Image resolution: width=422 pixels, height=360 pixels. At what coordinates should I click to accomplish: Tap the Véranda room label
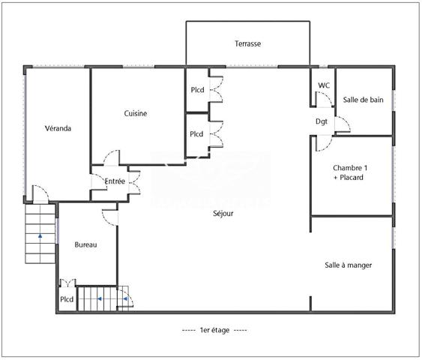58,128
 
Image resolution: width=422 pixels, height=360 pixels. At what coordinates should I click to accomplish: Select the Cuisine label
136,114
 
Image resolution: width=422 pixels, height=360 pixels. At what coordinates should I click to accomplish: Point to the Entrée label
115,181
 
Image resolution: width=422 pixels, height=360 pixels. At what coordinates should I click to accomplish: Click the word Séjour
223,214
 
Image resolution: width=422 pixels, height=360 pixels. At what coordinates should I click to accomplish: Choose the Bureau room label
85,245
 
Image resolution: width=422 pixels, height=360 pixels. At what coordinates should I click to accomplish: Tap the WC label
324,85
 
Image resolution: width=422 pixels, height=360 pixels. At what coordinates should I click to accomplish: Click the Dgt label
321,121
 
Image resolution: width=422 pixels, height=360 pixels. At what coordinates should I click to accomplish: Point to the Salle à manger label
348,265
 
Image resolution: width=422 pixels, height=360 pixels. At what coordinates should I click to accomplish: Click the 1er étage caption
214,330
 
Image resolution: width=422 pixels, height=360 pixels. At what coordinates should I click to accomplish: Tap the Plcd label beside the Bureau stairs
67,300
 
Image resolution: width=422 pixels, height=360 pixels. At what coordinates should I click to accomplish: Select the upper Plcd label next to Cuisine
196,91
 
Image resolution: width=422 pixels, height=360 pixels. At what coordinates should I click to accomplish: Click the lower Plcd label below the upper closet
196,134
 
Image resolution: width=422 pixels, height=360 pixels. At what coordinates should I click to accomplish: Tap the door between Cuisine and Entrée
110,159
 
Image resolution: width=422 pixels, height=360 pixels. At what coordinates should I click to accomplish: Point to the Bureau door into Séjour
110,216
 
